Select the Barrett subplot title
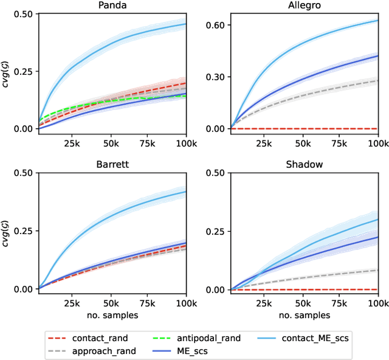(x=112, y=166)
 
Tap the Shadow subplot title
(x=304, y=166)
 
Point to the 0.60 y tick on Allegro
(x=216, y=25)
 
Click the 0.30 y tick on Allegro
(x=216, y=77)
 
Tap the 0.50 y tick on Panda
(x=23, y=14)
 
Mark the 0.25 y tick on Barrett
(x=23, y=232)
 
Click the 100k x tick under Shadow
(x=377, y=303)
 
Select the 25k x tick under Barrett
(x=72, y=303)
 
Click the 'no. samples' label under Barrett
(x=112, y=315)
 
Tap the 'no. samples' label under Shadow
(x=304, y=315)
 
